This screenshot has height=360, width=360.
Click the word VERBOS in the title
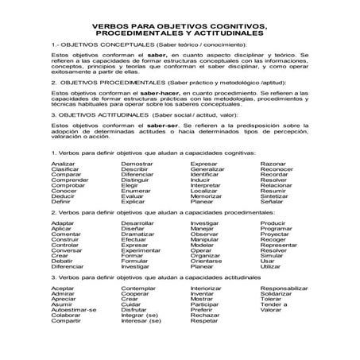(x=106, y=26)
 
